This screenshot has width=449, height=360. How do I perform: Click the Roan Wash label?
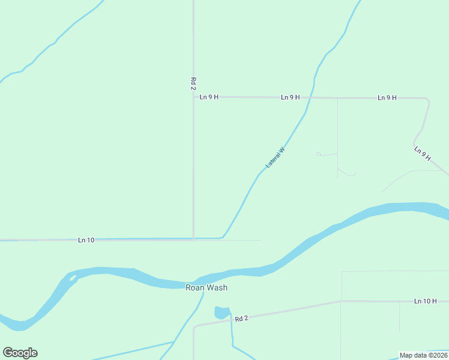click(x=206, y=288)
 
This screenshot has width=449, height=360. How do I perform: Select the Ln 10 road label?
click(x=86, y=240)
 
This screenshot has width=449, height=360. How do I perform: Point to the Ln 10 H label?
click(x=425, y=301)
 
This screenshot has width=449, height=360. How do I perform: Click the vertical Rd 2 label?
click(x=193, y=83)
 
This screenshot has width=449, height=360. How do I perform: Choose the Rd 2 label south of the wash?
click(x=241, y=319)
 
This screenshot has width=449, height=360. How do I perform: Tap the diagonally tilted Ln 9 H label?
click(x=423, y=153)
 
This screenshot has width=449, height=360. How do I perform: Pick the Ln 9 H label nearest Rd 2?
click(x=209, y=97)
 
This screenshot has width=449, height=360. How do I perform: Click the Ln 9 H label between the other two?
click(x=290, y=97)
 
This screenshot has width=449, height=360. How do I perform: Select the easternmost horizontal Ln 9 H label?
click(x=387, y=98)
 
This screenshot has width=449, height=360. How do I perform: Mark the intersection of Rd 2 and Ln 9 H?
click(x=193, y=97)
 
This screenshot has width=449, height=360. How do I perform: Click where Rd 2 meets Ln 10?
click(x=193, y=239)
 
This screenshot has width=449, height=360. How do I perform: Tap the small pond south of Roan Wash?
click(x=221, y=313)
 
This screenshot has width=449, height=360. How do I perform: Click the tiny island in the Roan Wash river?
click(x=73, y=278)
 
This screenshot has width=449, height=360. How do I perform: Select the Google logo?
click(x=20, y=353)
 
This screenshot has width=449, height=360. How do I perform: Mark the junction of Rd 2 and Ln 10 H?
click(x=341, y=301)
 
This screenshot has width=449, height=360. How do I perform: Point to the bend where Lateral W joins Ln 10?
click(x=223, y=237)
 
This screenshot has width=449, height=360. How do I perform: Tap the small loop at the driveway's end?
click(x=318, y=154)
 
